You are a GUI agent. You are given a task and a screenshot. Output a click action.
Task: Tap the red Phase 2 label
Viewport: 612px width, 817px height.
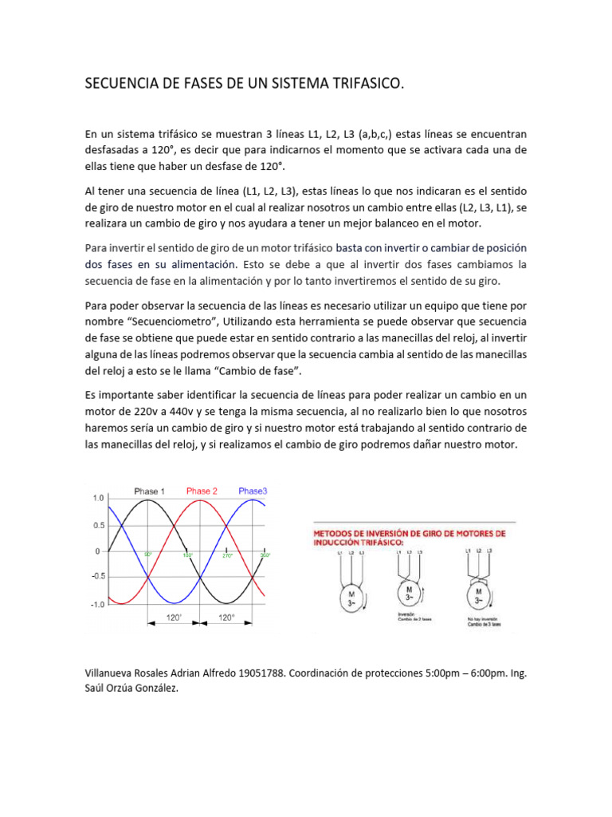(202, 491)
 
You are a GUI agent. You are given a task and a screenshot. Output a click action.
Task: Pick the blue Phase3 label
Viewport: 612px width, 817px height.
(253, 491)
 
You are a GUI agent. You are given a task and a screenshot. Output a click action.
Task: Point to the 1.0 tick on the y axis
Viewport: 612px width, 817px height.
(98, 498)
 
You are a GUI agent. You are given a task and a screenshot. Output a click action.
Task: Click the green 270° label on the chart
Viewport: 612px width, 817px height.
(227, 555)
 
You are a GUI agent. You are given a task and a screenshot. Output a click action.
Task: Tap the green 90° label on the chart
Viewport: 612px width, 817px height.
(147, 555)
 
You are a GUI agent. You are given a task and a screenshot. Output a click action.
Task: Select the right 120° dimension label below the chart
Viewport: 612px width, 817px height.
(226, 618)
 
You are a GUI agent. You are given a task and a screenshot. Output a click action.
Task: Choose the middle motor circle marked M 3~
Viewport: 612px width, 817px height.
(409, 594)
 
